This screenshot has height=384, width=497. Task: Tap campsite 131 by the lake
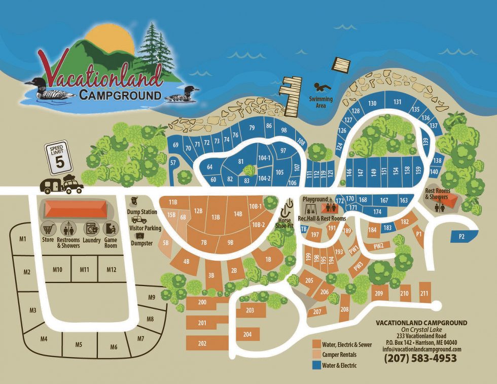coord(398,102)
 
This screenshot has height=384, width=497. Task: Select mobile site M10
coord(57,269)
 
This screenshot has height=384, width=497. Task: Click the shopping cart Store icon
coord(48,228)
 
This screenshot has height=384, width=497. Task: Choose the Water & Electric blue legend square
coord(316,365)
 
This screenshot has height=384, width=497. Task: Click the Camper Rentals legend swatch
coord(316,355)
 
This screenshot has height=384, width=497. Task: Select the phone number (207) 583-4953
coord(421,358)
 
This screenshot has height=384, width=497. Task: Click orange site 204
coord(247,334)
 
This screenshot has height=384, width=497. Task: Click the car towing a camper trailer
coord(62,186)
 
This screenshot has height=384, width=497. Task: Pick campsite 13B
coord(216,218)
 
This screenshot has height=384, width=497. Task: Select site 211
coord(424,293)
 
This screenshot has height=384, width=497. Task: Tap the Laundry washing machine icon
coord(91,228)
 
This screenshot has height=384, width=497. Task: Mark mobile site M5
coord(79,344)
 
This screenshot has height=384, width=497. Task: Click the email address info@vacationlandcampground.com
coord(422,349)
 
